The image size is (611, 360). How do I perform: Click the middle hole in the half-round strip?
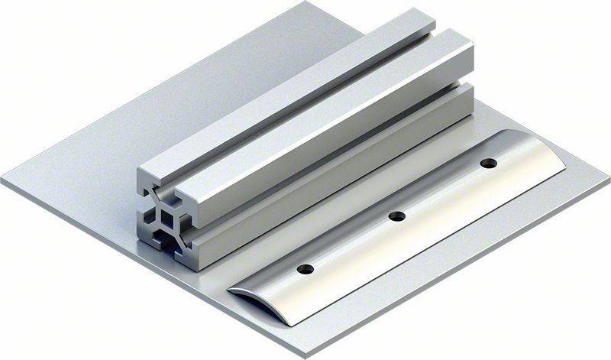point(396,216)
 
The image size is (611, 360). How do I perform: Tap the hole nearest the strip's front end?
point(304,269)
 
